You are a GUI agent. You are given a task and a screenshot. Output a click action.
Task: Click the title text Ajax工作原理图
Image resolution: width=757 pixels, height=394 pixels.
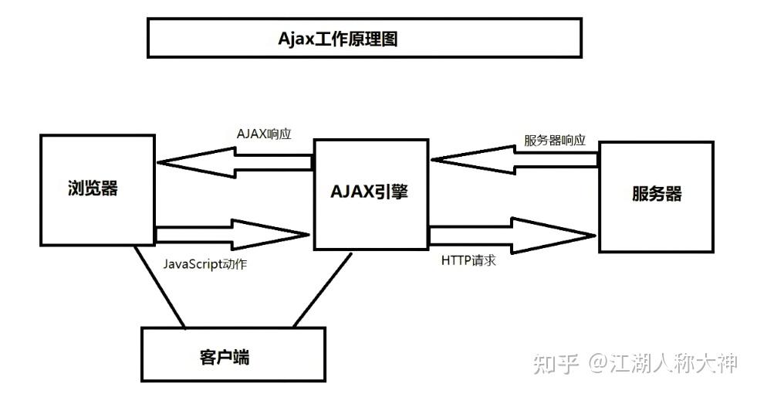click(x=338, y=39)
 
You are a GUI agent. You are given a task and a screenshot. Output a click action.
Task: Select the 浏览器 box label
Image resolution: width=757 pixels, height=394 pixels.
click(x=93, y=188)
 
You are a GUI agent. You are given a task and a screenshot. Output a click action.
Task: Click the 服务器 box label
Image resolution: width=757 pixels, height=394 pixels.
click(x=657, y=193)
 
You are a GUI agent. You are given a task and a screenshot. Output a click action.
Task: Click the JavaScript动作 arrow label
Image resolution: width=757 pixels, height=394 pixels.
click(x=204, y=263)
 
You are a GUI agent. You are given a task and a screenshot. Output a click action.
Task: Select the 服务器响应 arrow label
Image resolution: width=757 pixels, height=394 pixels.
click(x=555, y=141)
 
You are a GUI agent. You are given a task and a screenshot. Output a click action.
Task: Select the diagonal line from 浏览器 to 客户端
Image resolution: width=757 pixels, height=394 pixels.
click(x=159, y=287)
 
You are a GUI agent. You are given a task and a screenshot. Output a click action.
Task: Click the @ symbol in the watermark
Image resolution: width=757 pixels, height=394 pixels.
click(x=600, y=363)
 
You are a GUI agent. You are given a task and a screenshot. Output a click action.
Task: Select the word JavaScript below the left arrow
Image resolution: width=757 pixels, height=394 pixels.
click(x=191, y=263)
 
